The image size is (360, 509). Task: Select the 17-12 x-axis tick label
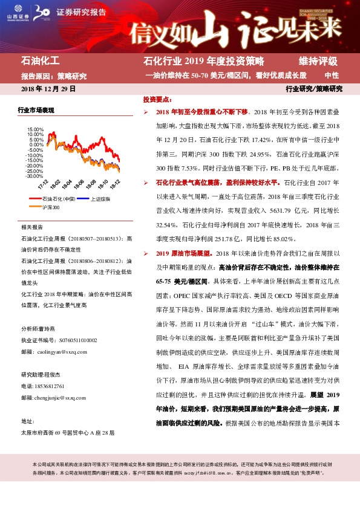[42, 183]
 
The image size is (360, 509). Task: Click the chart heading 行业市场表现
[36, 110]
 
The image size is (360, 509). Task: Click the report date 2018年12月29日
[48, 88]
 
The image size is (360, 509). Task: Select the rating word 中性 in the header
[332, 76]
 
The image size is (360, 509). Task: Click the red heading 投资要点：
[158, 99]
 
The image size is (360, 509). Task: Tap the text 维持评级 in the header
[318, 61]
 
